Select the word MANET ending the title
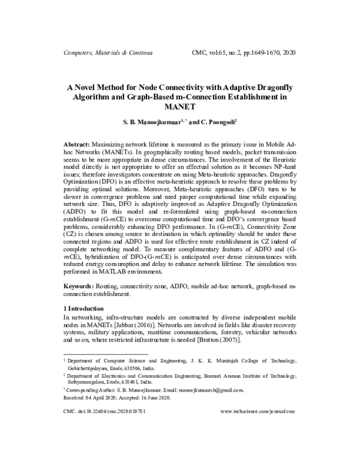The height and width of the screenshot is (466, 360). click(180, 106)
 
